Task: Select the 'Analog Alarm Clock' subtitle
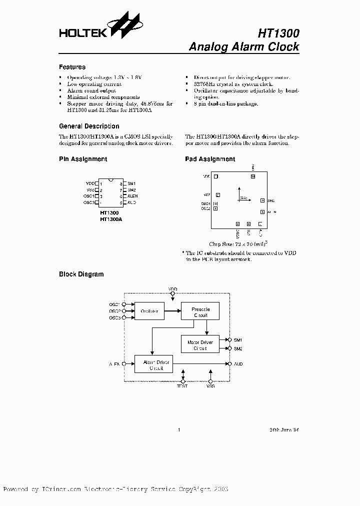244,47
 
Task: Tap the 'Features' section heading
72,67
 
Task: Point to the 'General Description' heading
89,126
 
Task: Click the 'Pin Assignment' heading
83,159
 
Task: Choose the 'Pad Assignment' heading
210,159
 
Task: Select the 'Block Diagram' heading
81,274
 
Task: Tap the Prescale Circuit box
200,312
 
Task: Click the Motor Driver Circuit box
200,345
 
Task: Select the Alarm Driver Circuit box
153,364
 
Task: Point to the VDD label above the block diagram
172,289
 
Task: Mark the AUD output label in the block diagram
238,364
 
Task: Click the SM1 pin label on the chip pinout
131,183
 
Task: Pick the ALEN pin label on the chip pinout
132,196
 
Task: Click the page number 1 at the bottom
178,429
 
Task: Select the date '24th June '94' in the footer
284,429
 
